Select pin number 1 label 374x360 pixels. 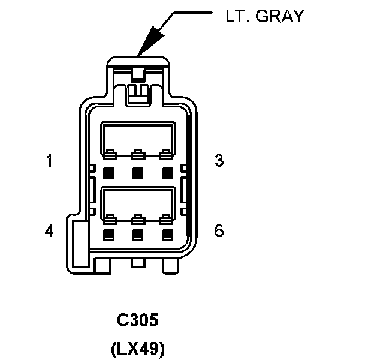point(49,161)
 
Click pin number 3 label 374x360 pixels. point(219,161)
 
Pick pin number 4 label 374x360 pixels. point(49,230)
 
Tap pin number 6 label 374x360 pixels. point(219,230)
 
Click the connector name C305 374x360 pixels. point(137,320)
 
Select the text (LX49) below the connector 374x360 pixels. point(137,349)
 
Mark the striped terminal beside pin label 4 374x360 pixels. point(108,235)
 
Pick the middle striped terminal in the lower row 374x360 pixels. point(137,235)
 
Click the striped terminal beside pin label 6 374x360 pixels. point(166,235)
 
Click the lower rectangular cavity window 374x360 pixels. point(137,201)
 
